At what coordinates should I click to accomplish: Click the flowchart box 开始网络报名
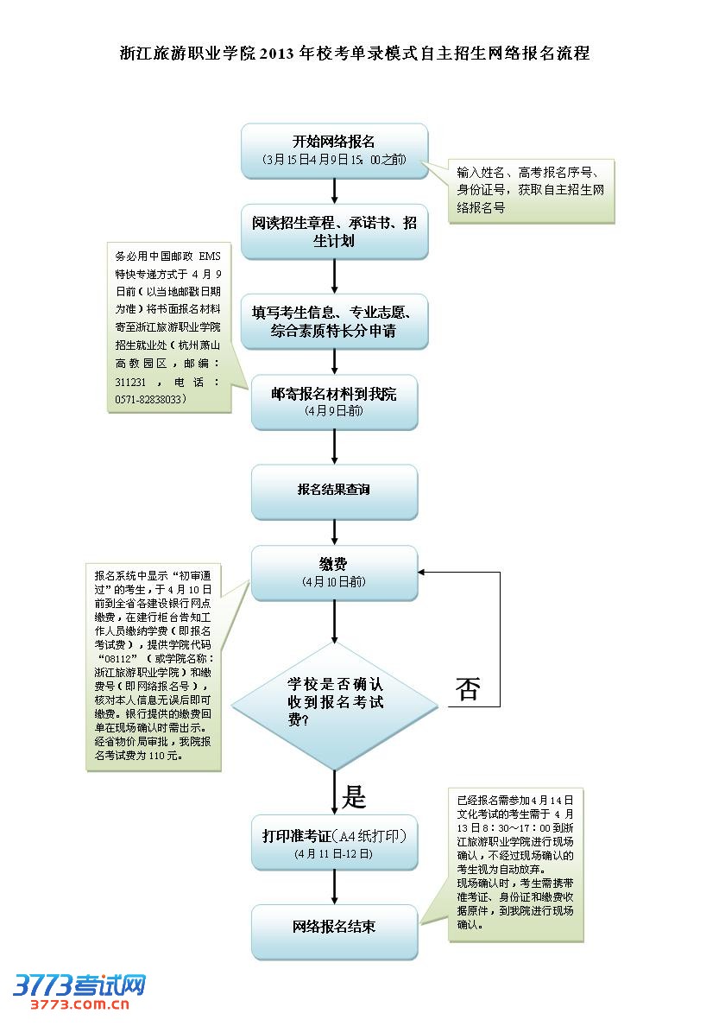click(x=334, y=150)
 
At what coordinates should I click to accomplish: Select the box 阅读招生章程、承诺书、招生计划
click(x=334, y=231)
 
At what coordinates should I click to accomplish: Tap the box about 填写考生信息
click(x=334, y=320)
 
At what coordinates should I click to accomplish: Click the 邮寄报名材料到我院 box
click(x=334, y=402)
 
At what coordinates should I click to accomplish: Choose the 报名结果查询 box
click(x=334, y=490)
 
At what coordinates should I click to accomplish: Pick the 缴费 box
click(x=334, y=572)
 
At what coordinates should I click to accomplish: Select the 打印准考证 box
click(x=334, y=842)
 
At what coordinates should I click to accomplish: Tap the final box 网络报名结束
click(x=334, y=928)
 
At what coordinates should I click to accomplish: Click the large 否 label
click(x=467, y=689)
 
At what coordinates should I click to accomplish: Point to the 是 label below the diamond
click(x=354, y=796)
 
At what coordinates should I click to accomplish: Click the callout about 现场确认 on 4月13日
click(x=515, y=863)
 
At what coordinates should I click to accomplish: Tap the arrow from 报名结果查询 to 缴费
click(x=334, y=531)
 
